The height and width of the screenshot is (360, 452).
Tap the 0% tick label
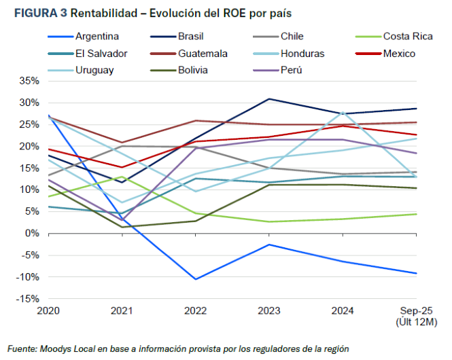pos(33,234)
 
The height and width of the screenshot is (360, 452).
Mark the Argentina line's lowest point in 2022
pos(196,279)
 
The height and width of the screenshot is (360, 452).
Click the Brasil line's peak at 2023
pos(269,99)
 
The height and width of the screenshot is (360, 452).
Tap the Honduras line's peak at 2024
pos(343,111)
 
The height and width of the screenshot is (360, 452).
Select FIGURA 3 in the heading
pos(34,12)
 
